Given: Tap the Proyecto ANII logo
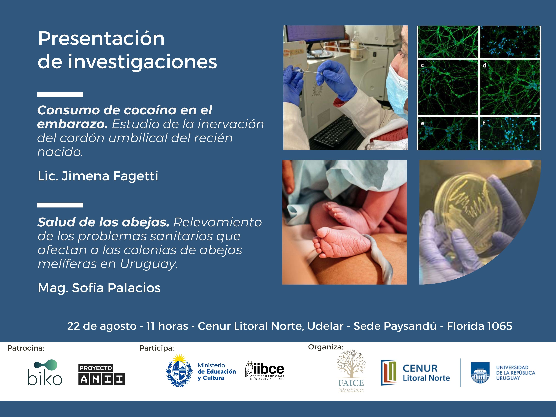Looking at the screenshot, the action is tap(102, 374).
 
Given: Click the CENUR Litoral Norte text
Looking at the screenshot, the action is tap(426, 373).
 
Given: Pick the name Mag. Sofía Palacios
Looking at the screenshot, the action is tap(99, 288).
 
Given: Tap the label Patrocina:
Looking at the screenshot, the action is tap(26, 348).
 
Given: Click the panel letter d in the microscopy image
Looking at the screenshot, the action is tap(484, 65).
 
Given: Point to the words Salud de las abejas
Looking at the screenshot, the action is tap(103, 222).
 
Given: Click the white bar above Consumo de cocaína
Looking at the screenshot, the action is tap(60, 95).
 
